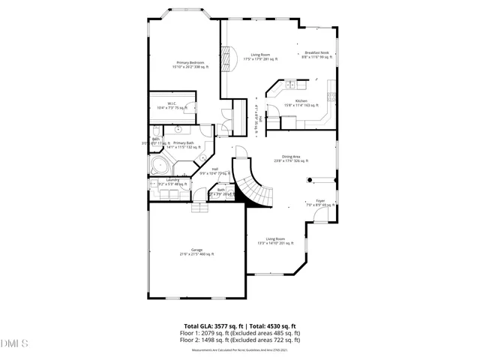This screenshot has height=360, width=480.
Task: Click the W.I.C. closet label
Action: tap(172, 106)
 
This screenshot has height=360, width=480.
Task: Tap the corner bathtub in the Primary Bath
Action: tap(157, 165)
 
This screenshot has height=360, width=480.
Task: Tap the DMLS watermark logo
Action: tap(15, 345)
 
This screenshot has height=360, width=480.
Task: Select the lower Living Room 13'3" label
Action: tap(276, 241)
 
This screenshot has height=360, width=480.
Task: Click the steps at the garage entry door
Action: tap(200, 208)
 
